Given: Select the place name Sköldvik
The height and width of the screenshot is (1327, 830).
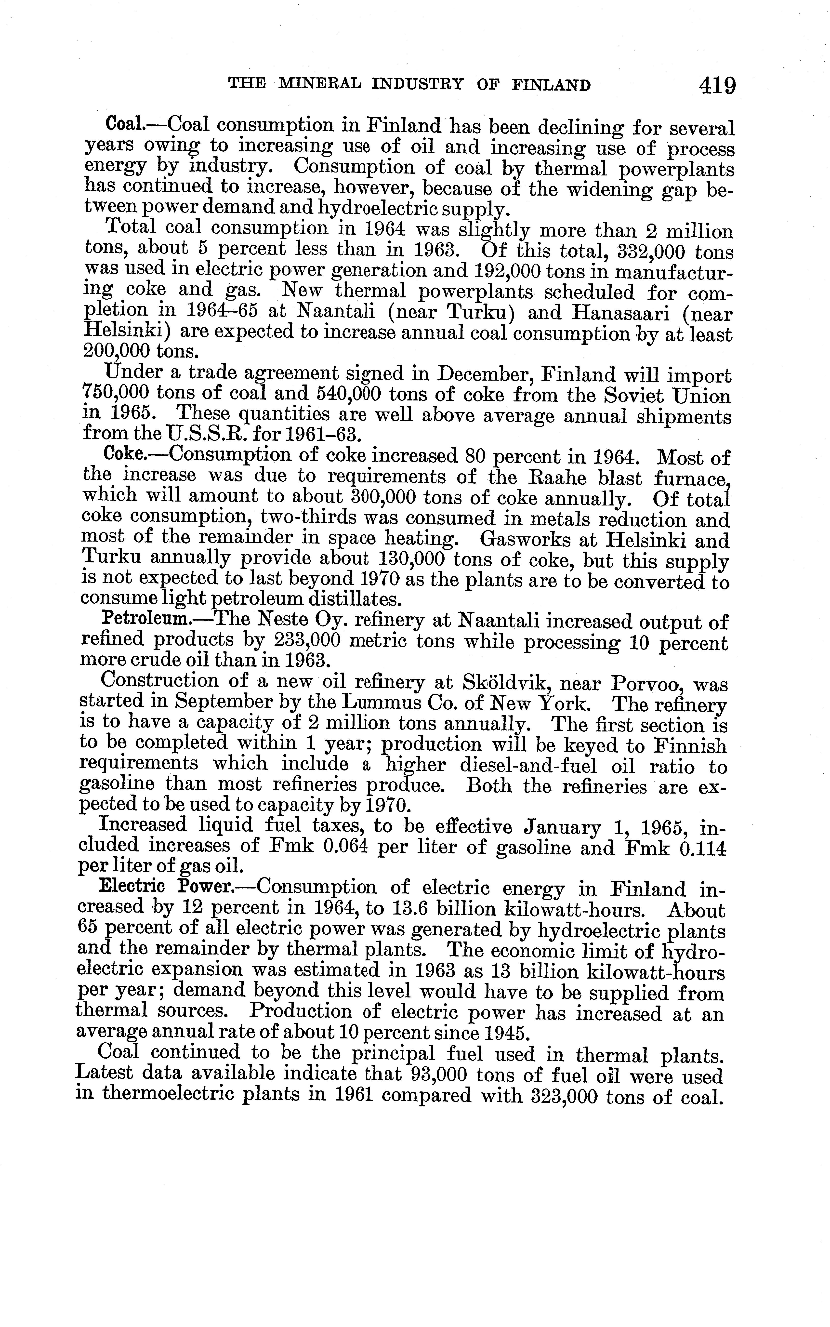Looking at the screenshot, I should (x=503, y=684).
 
